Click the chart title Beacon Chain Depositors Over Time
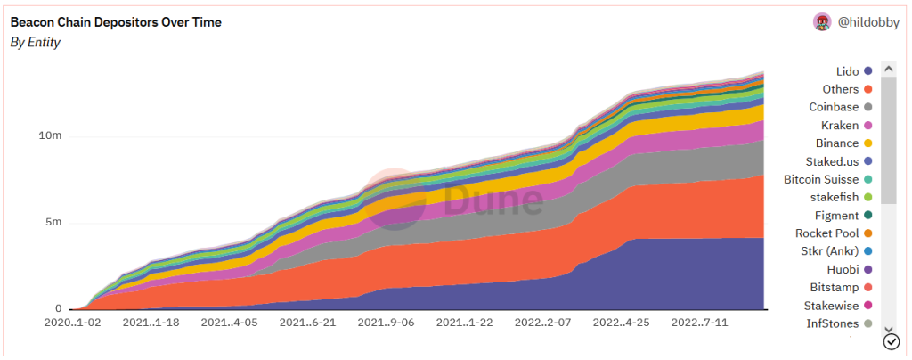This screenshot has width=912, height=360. pyautogui.click(x=116, y=22)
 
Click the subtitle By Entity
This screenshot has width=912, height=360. pyautogui.click(x=36, y=43)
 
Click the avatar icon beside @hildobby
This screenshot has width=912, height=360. pyautogui.click(x=822, y=22)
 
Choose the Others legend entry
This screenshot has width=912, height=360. pyautogui.click(x=841, y=89)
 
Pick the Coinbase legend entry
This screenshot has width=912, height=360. pyautogui.click(x=834, y=107)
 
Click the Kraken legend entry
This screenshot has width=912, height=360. pyautogui.click(x=840, y=125)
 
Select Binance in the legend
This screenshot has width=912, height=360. pyautogui.click(x=837, y=143)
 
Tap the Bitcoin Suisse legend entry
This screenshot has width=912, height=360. pyautogui.click(x=821, y=179)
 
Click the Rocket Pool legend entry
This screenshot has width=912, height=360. pyautogui.click(x=826, y=233)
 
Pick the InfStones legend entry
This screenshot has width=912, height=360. pyautogui.click(x=832, y=323)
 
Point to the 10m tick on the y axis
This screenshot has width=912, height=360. pyautogui.click(x=49, y=136)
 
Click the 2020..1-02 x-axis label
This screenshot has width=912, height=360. pyautogui.click(x=72, y=322)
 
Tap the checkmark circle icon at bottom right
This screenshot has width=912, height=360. pyautogui.click(x=890, y=342)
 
